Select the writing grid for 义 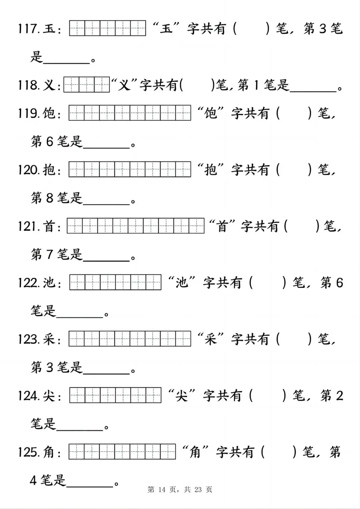click(87, 85)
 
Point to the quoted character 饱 click(211, 113)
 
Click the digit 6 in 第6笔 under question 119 click(50, 142)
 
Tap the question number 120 click(29, 170)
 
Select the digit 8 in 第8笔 click(50, 198)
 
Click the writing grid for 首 click(136, 226)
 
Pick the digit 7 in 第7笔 click(50, 255)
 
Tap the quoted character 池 click(182, 283)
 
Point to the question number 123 click(29, 340)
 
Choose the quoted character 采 click(211, 339)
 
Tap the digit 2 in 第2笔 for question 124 click(339, 396)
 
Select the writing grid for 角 click(122, 452)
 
